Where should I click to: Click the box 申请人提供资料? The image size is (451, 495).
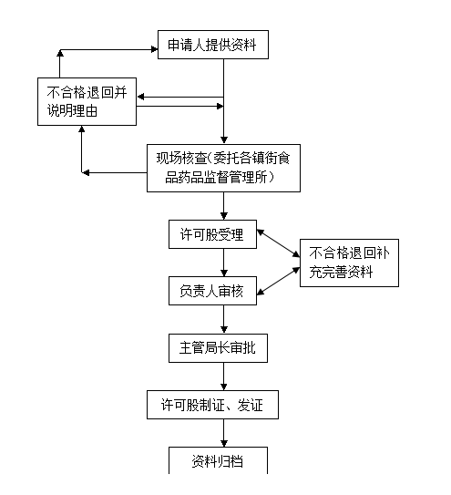(x=213, y=45)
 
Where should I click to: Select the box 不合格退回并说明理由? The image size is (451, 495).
(x=87, y=101)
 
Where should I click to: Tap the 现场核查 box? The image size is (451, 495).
(x=223, y=168)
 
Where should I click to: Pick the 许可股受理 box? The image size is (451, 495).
(x=212, y=234)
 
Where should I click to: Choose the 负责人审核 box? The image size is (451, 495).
(x=212, y=291)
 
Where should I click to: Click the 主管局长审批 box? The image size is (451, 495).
(x=218, y=348)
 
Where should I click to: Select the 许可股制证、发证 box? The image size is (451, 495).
(x=212, y=405)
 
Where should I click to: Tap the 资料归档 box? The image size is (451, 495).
(x=218, y=460)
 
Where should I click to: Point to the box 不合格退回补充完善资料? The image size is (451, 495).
(x=349, y=263)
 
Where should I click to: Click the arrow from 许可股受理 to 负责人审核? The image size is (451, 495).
(x=224, y=263)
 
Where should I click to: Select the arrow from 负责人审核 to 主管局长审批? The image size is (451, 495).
(x=224, y=319)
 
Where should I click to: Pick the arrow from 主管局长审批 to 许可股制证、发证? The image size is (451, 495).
(x=224, y=376)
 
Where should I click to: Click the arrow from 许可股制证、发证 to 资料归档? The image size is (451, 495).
(x=224, y=433)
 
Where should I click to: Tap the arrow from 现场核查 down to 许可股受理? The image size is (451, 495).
(x=224, y=206)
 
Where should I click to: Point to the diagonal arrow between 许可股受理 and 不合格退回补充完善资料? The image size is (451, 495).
(x=279, y=243)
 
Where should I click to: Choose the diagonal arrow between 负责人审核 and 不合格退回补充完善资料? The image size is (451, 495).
(x=279, y=281)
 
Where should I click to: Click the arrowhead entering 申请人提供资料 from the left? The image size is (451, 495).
(x=155, y=49)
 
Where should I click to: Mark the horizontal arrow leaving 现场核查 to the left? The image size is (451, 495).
(x=114, y=172)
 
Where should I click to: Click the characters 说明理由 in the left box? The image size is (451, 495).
(x=72, y=110)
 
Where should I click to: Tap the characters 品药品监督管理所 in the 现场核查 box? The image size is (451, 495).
(x=220, y=177)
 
